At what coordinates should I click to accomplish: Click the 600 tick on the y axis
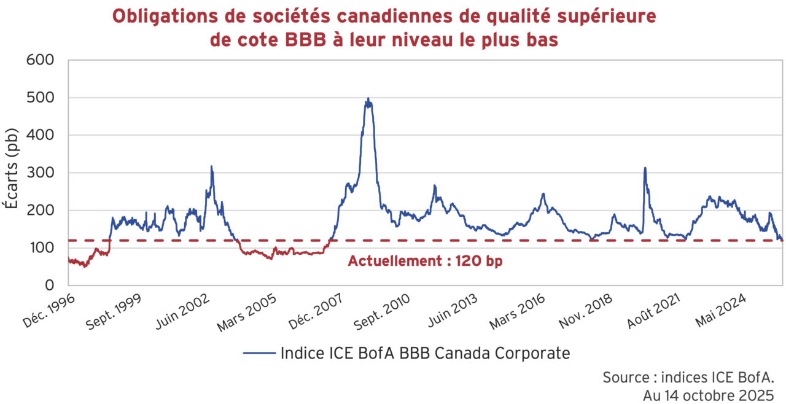click(x=40, y=60)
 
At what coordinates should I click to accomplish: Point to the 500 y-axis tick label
click(x=40, y=98)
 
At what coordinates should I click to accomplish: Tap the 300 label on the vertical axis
click(x=40, y=173)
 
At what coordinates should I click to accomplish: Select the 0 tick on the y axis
click(x=50, y=286)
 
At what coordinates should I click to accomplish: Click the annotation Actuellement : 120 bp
click(x=425, y=260)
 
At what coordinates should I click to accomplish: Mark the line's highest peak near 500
click(x=368, y=99)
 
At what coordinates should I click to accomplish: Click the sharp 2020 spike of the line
click(x=645, y=168)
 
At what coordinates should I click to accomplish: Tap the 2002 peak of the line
click(x=211, y=166)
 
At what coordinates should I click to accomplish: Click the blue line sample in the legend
click(x=259, y=354)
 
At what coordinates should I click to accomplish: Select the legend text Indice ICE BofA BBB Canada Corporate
click(x=425, y=354)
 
